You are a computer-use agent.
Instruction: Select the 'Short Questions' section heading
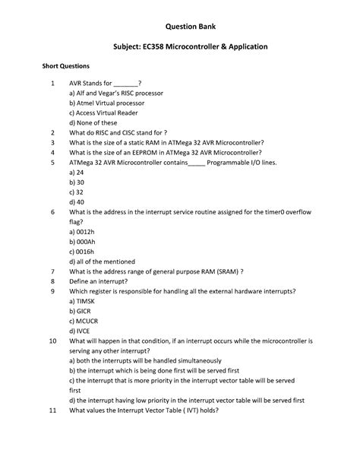[65, 67]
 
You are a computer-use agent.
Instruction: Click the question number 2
[52, 132]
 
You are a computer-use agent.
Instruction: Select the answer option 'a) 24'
[76, 173]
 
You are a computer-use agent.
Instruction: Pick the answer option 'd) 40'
[76, 202]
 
